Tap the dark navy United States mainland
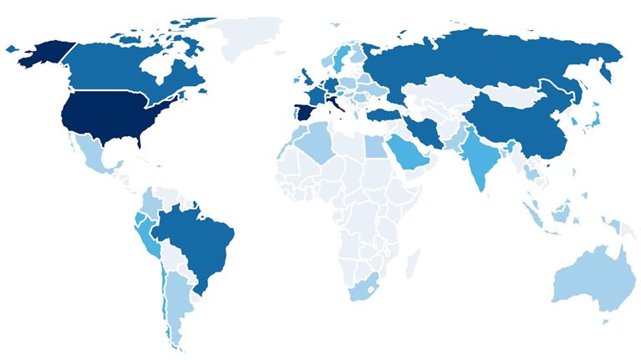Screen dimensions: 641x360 pos(100,117)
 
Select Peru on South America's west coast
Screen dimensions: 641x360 pos(149,234)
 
